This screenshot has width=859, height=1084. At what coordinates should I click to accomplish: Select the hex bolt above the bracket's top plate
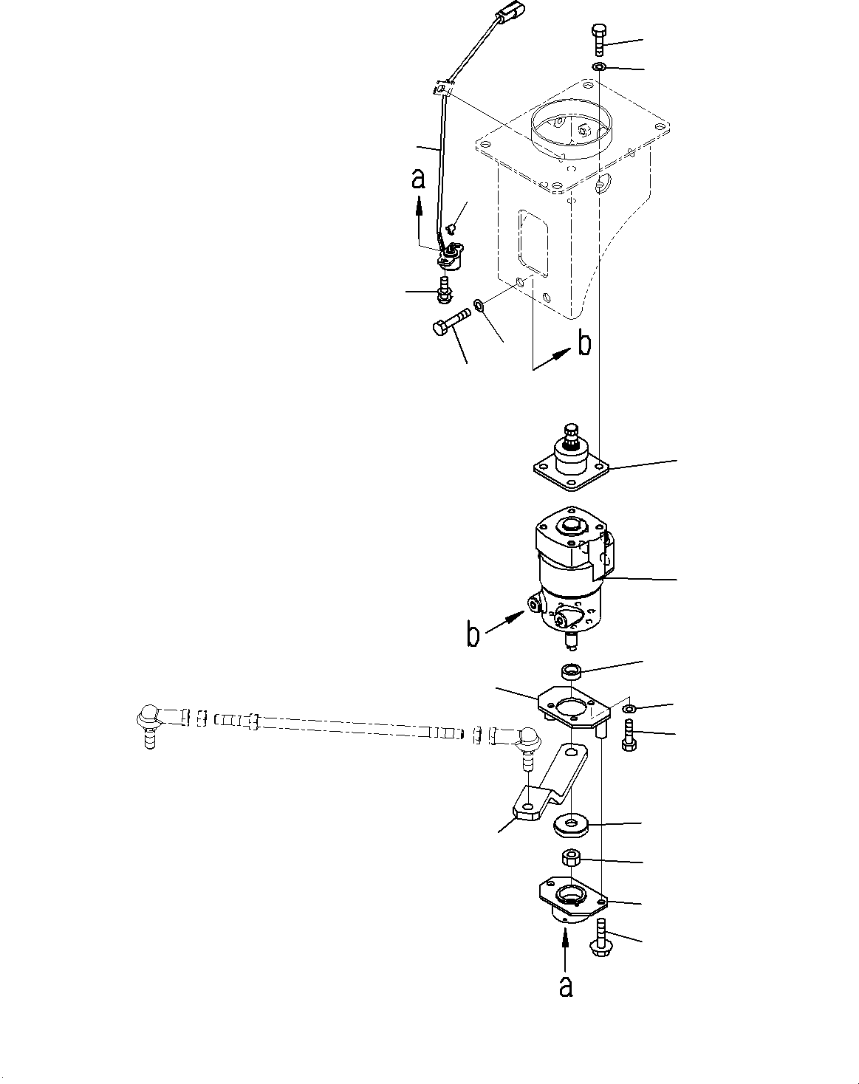(598, 38)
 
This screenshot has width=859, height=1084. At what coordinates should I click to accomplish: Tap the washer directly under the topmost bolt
(598, 68)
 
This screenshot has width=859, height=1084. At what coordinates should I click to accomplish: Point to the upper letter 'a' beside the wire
(419, 179)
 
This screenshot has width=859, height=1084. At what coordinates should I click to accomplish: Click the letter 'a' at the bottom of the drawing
(565, 986)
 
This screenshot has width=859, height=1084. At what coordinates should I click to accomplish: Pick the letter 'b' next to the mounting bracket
(583, 344)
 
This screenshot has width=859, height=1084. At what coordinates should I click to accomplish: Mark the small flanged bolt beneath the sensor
(445, 289)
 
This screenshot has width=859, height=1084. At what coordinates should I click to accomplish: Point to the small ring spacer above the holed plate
(571, 671)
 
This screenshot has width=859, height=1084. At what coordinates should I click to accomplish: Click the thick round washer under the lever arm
(569, 823)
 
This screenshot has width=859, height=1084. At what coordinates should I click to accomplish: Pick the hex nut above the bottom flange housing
(572, 858)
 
